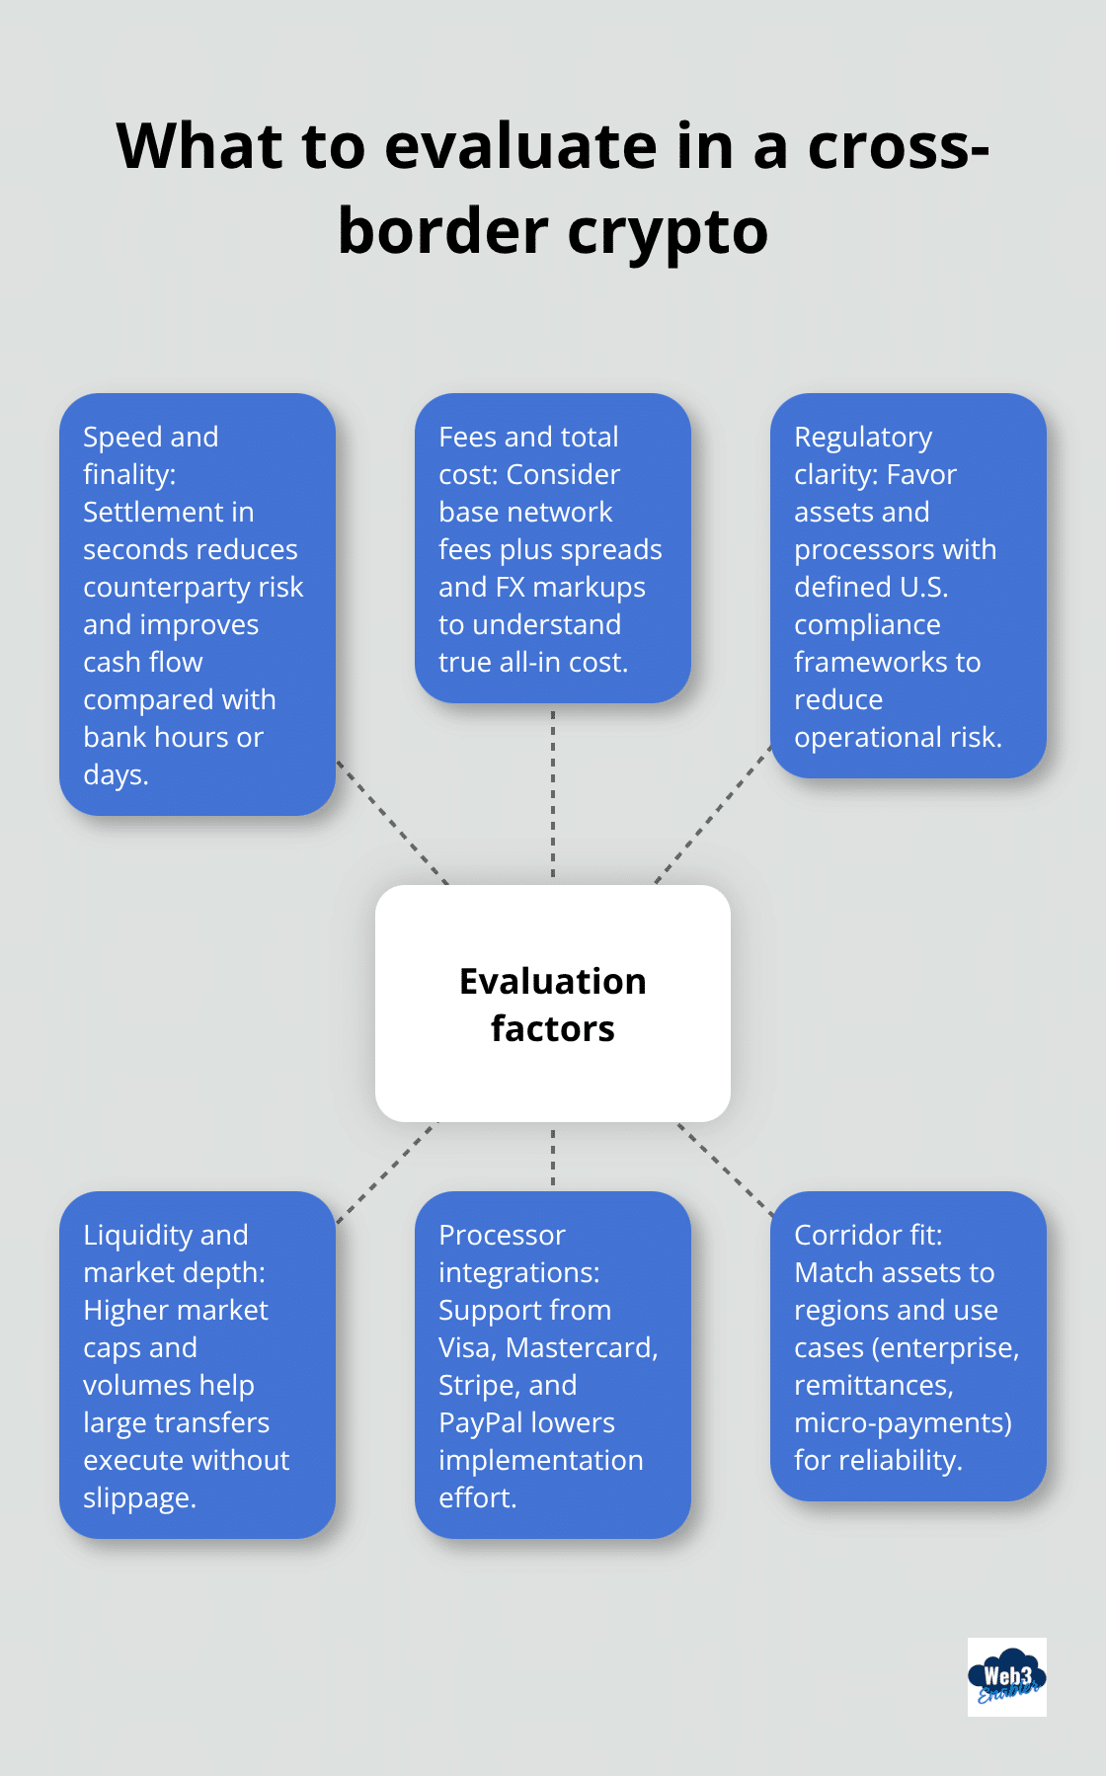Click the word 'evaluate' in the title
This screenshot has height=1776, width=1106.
(519, 146)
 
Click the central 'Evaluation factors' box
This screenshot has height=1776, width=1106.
(553, 1004)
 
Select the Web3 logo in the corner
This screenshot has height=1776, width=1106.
(1006, 1677)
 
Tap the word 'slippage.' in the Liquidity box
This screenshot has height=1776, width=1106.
(139, 1497)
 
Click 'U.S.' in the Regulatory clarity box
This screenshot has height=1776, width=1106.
(924, 587)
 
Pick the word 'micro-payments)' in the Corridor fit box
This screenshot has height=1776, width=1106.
(903, 1422)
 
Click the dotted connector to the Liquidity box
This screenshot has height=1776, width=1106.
(386, 1172)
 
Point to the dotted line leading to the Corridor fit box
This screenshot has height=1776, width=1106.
(725, 1169)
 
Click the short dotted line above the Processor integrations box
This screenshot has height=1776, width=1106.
(553, 1157)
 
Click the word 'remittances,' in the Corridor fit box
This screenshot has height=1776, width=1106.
(873, 1385)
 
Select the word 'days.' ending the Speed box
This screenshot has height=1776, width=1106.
(116, 774)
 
